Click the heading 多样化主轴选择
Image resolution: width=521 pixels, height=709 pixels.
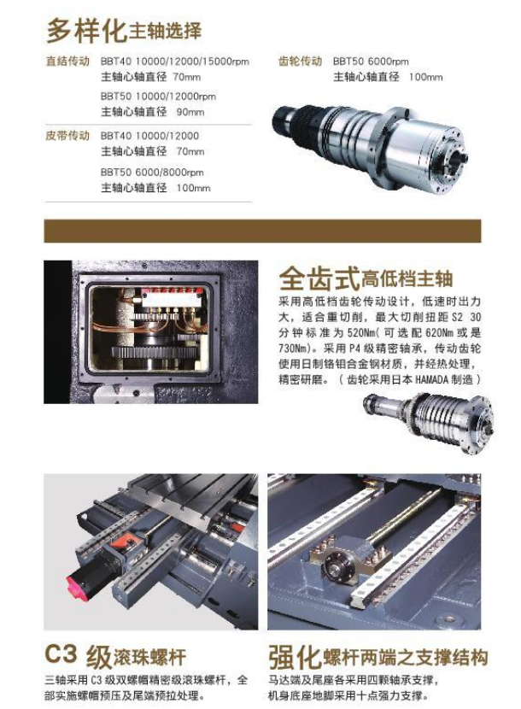point(124,31)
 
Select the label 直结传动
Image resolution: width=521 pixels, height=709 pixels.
point(67,61)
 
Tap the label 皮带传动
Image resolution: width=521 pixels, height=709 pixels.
point(67,135)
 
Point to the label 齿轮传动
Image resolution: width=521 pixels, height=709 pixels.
point(300,61)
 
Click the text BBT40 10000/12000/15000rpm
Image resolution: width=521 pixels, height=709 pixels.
point(174,62)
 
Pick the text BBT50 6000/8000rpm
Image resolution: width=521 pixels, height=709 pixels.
point(152,173)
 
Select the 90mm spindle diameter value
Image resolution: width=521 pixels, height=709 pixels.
point(190,112)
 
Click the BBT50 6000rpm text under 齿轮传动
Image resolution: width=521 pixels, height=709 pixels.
point(371,62)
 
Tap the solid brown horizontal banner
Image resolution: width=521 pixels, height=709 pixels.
point(262,231)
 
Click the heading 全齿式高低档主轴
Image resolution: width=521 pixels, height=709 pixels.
point(366,278)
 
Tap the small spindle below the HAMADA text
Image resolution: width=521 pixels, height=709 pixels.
point(428,422)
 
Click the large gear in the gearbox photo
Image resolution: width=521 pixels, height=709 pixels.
point(154,352)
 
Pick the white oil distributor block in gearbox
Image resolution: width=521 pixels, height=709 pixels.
point(170,300)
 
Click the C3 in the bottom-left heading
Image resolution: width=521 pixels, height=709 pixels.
point(61,653)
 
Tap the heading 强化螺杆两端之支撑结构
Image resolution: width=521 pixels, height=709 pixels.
point(378,657)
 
